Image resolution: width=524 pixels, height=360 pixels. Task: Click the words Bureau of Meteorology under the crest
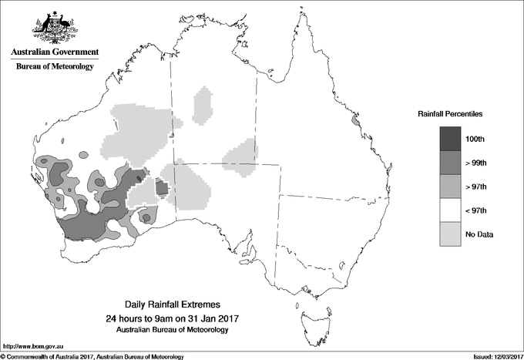click(54, 67)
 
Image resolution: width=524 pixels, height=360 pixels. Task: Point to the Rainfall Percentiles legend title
click(450, 114)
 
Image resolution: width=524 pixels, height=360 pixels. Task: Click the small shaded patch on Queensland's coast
click(355, 121)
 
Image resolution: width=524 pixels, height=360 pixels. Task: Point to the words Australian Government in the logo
click(54, 52)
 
